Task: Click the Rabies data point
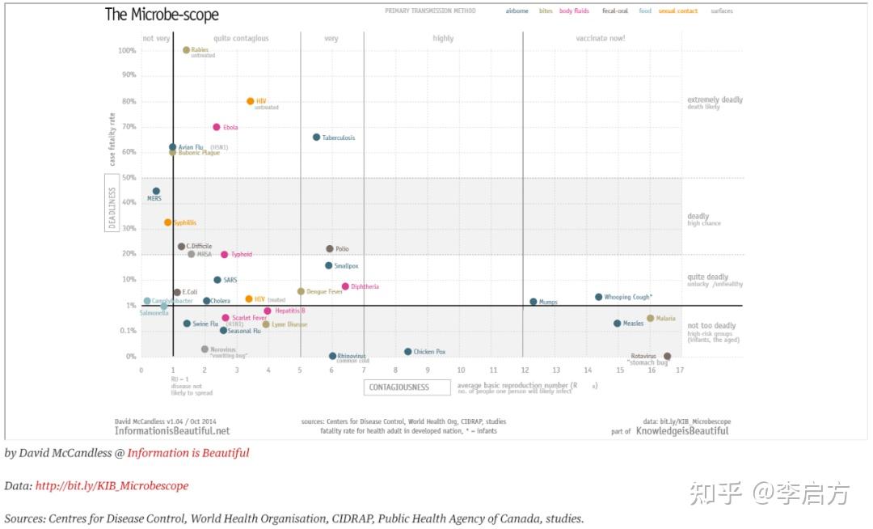coord(186,50)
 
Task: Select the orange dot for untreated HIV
coord(251,101)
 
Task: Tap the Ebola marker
coord(217,127)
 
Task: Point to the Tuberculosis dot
coord(316,138)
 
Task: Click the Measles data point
coord(618,324)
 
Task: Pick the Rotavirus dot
coord(667,356)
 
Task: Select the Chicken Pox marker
coord(408,352)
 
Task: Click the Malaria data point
coord(650,319)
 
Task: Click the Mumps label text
coord(548,303)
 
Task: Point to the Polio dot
coord(330,249)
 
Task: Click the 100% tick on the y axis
coord(127,50)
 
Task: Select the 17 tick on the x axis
coord(681,370)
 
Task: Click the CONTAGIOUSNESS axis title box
coord(407,387)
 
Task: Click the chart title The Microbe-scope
coord(162,15)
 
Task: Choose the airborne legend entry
coord(517,11)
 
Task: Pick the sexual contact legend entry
coord(678,11)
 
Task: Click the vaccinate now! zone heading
coord(601,38)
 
